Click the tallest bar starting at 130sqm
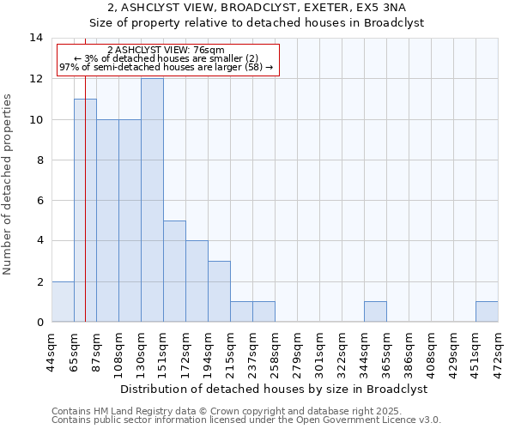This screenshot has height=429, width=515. tap(152, 200)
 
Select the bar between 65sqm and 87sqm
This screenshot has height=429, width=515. tap(85, 210)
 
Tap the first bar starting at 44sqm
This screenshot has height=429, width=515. tap(63, 301)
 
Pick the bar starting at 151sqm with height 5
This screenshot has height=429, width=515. tap(174, 271)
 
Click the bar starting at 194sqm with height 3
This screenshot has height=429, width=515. tap(219, 291)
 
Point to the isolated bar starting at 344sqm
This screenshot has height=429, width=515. tap(375, 311)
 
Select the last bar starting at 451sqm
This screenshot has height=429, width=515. tap(487, 311)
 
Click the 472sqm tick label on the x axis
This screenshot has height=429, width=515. tap(499, 353)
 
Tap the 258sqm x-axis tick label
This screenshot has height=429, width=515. tap(276, 353)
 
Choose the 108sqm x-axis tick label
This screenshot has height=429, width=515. tap(119, 353)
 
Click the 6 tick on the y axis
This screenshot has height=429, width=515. tap(39, 200)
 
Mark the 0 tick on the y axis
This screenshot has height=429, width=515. tap(39, 322)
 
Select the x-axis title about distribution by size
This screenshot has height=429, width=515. tap(275, 389)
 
